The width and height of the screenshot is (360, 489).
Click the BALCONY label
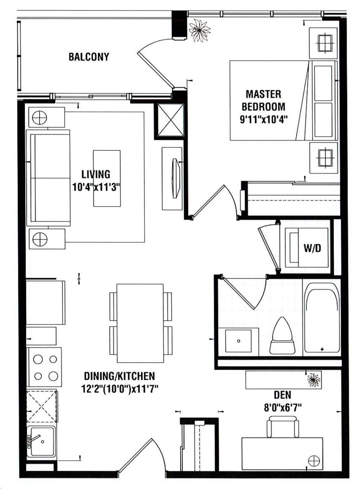pos(89,57)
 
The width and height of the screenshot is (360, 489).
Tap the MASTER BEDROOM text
pos(263,100)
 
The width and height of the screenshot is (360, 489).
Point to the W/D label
pos(312,248)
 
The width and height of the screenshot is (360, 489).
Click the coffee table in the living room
pos(107,178)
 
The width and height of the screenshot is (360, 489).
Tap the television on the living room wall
pos(176,178)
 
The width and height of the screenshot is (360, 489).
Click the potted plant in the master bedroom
pos(199,30)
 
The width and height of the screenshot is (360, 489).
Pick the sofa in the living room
pos(48,178)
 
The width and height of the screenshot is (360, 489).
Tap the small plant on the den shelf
pos(314,380)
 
